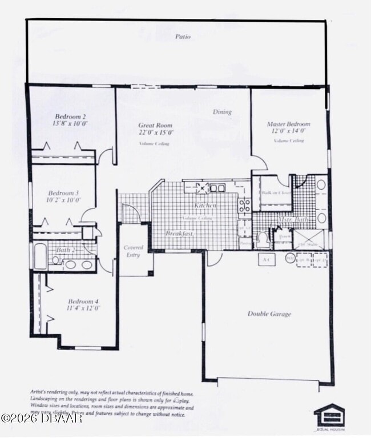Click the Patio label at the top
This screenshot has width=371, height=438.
(x=183, y=37)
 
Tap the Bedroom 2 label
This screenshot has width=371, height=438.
(x=71, y=116)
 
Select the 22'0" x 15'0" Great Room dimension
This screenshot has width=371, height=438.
(x=155, y=132)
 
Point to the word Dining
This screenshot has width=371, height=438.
(x=222, y=112)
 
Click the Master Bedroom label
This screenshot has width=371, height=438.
(x=288, y=124)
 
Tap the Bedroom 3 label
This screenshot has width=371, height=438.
(x=63, y=193)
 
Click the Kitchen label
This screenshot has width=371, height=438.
(x=205, y=205)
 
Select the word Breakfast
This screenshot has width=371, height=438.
(x=179, y=234)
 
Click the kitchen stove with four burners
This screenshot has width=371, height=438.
(x=244, y=205)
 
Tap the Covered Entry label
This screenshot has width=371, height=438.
(x=134, y=251)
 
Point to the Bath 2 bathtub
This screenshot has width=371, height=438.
(x=41, y=256)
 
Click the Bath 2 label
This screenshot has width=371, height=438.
(x=64, y=250)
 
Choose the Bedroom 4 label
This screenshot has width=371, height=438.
(x=83, y=301)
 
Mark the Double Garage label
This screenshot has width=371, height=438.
(x=269, y=314)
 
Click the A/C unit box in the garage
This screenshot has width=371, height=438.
(x=266, y=259)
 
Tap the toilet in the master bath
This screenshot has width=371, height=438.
(x=263, y=239)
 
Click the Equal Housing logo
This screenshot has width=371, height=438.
(x=329, y=416)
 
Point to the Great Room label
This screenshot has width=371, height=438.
(x=155, y=125)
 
